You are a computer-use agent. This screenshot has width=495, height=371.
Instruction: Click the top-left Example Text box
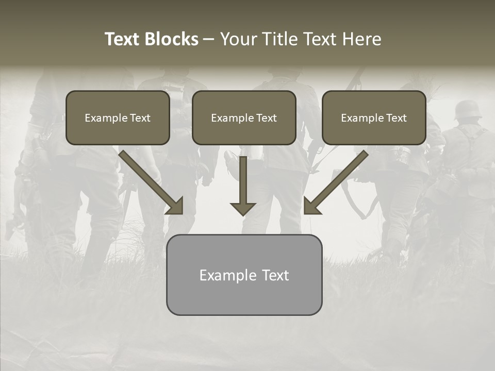[118, 117]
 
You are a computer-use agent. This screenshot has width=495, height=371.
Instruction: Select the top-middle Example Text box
[244, 117]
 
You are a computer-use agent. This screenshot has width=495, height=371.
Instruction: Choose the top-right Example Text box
[374, 117]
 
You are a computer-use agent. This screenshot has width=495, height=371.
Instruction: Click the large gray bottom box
[244, 275]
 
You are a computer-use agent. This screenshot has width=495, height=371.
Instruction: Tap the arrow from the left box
[151, 182]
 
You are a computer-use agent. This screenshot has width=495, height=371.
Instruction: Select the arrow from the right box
[336, 182]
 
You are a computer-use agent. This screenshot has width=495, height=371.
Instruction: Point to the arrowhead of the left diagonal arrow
[175, 206]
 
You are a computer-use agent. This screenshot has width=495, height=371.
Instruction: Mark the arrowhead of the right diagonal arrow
[311, 206]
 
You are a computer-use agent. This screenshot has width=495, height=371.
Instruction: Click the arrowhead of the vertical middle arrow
[243, 208]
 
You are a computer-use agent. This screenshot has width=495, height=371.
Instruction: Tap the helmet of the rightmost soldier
[467, 109]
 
